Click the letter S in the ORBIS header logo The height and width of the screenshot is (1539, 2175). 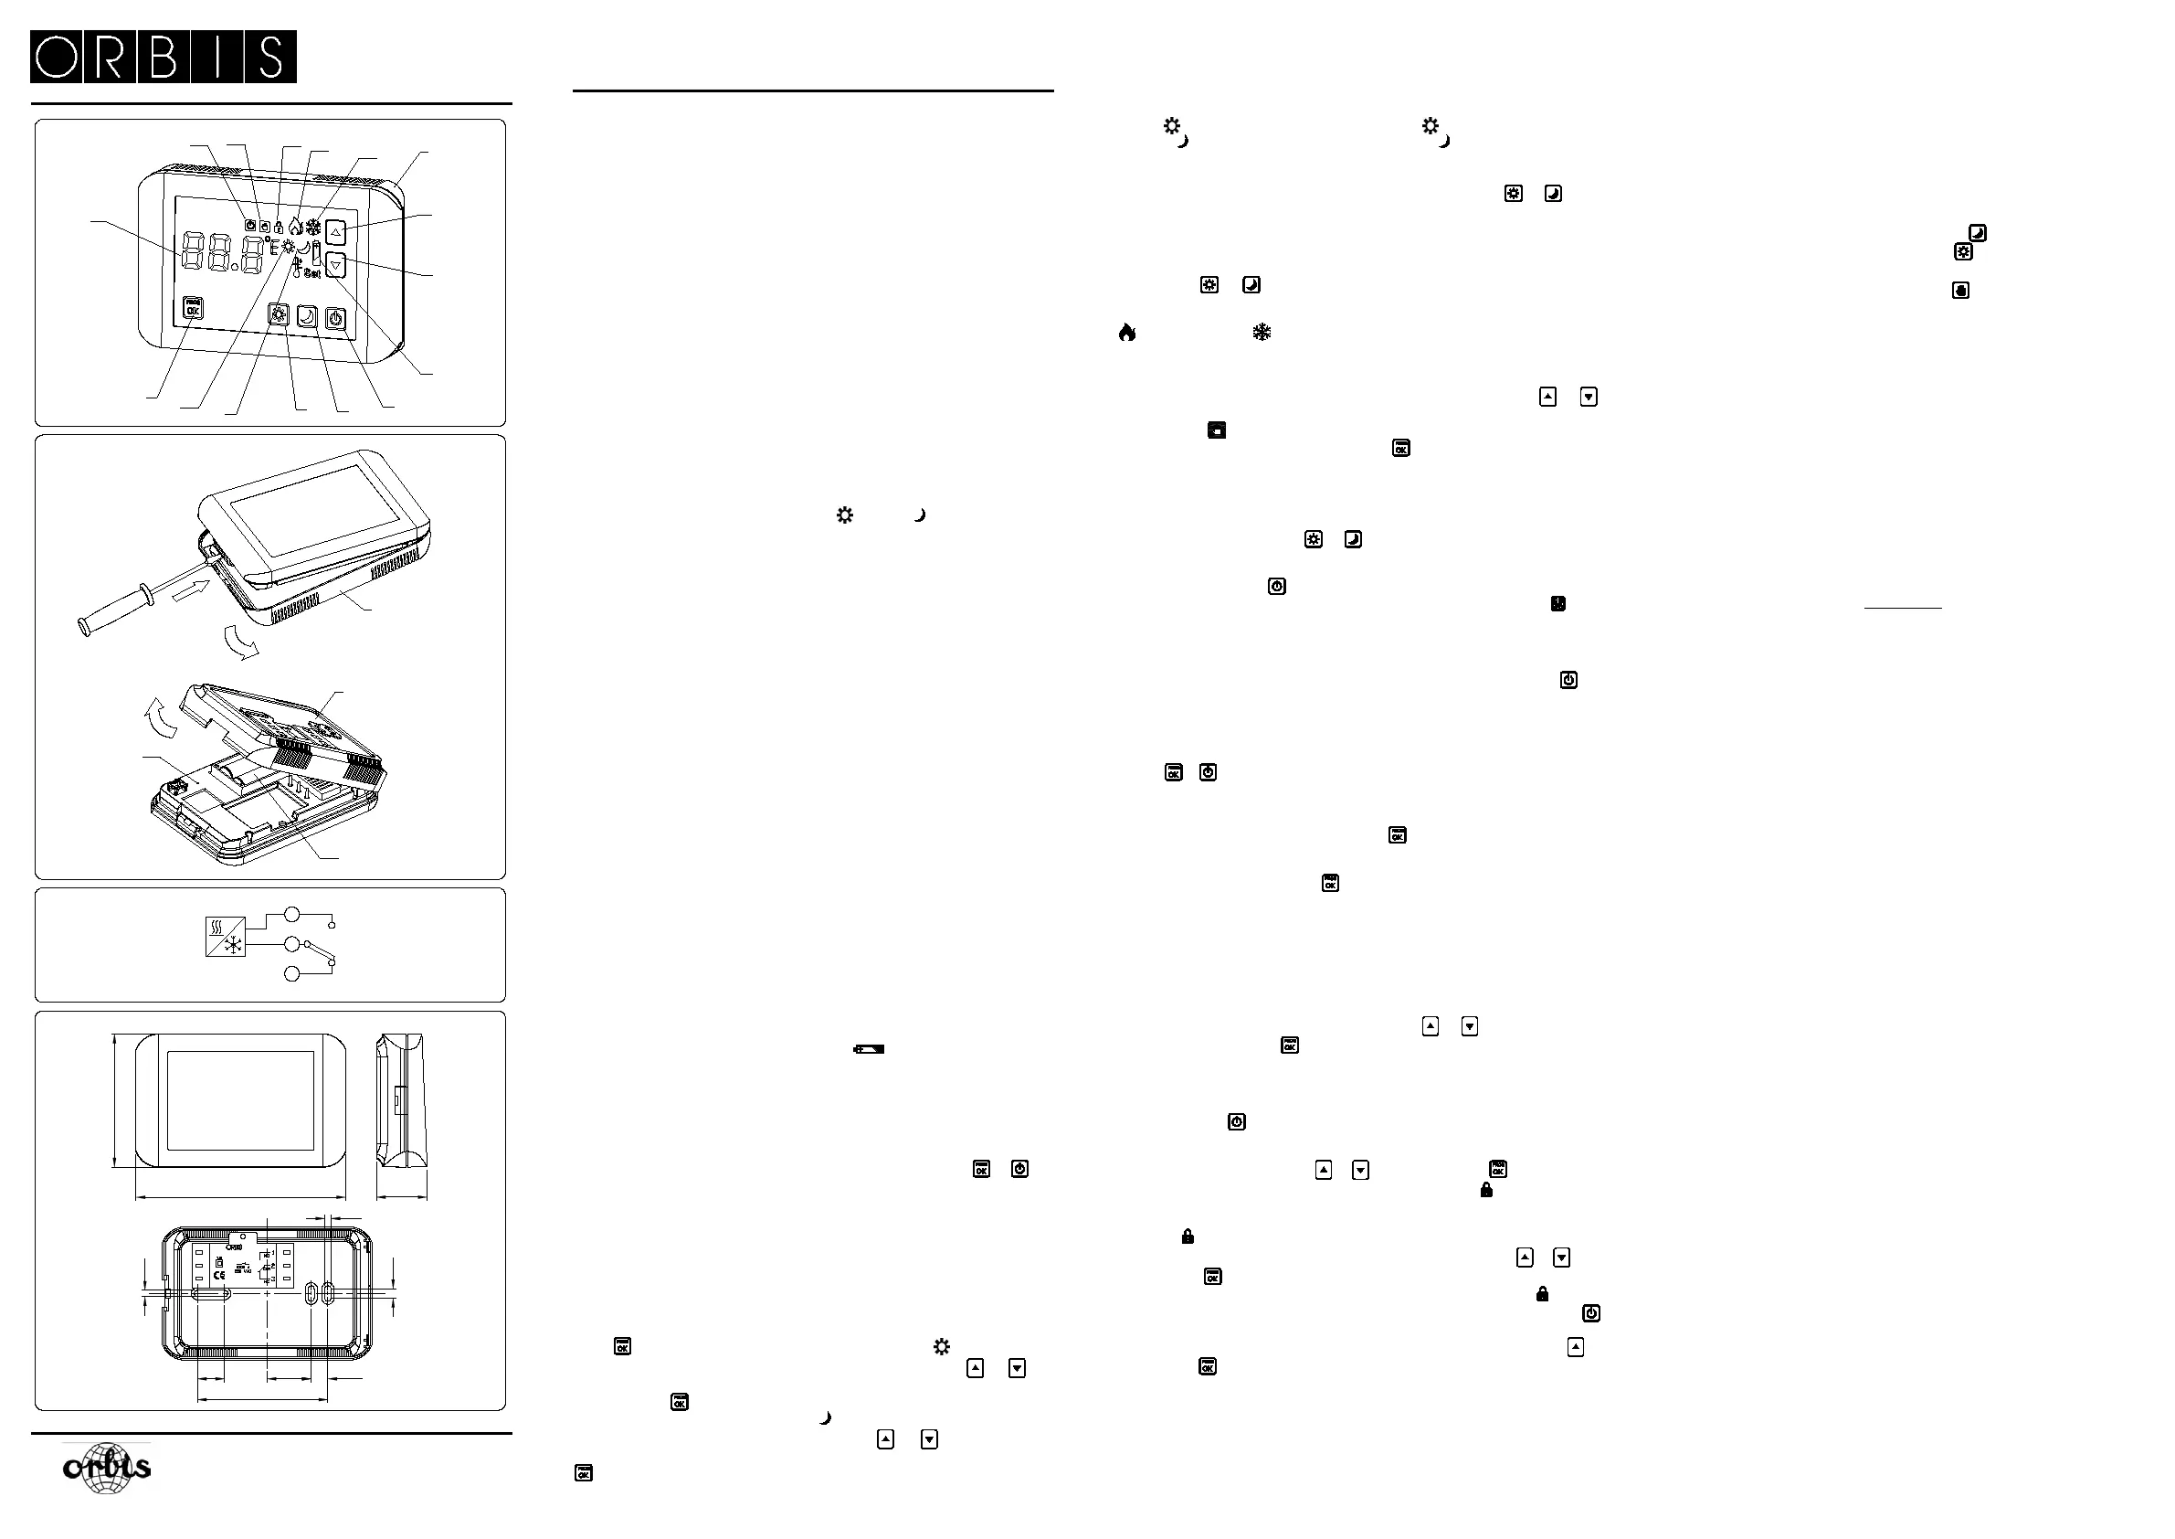270,57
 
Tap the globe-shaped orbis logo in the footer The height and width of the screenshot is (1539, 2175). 107,1468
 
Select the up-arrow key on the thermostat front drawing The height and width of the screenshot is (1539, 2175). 335,231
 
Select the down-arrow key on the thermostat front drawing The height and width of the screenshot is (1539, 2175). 335,265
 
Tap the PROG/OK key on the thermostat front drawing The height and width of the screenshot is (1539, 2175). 194,308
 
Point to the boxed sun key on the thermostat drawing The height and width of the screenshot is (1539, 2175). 279,315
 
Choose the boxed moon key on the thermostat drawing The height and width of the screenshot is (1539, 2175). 307,317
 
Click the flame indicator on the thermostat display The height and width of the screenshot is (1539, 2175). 296,227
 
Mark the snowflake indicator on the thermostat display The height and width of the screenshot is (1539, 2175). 312,228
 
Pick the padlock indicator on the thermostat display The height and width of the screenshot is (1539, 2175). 279,228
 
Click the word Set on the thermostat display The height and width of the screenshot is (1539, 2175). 311,273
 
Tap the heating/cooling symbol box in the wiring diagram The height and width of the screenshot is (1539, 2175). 226,937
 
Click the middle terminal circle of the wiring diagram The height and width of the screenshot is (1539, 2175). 291,944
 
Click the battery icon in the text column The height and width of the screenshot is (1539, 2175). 869,1049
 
